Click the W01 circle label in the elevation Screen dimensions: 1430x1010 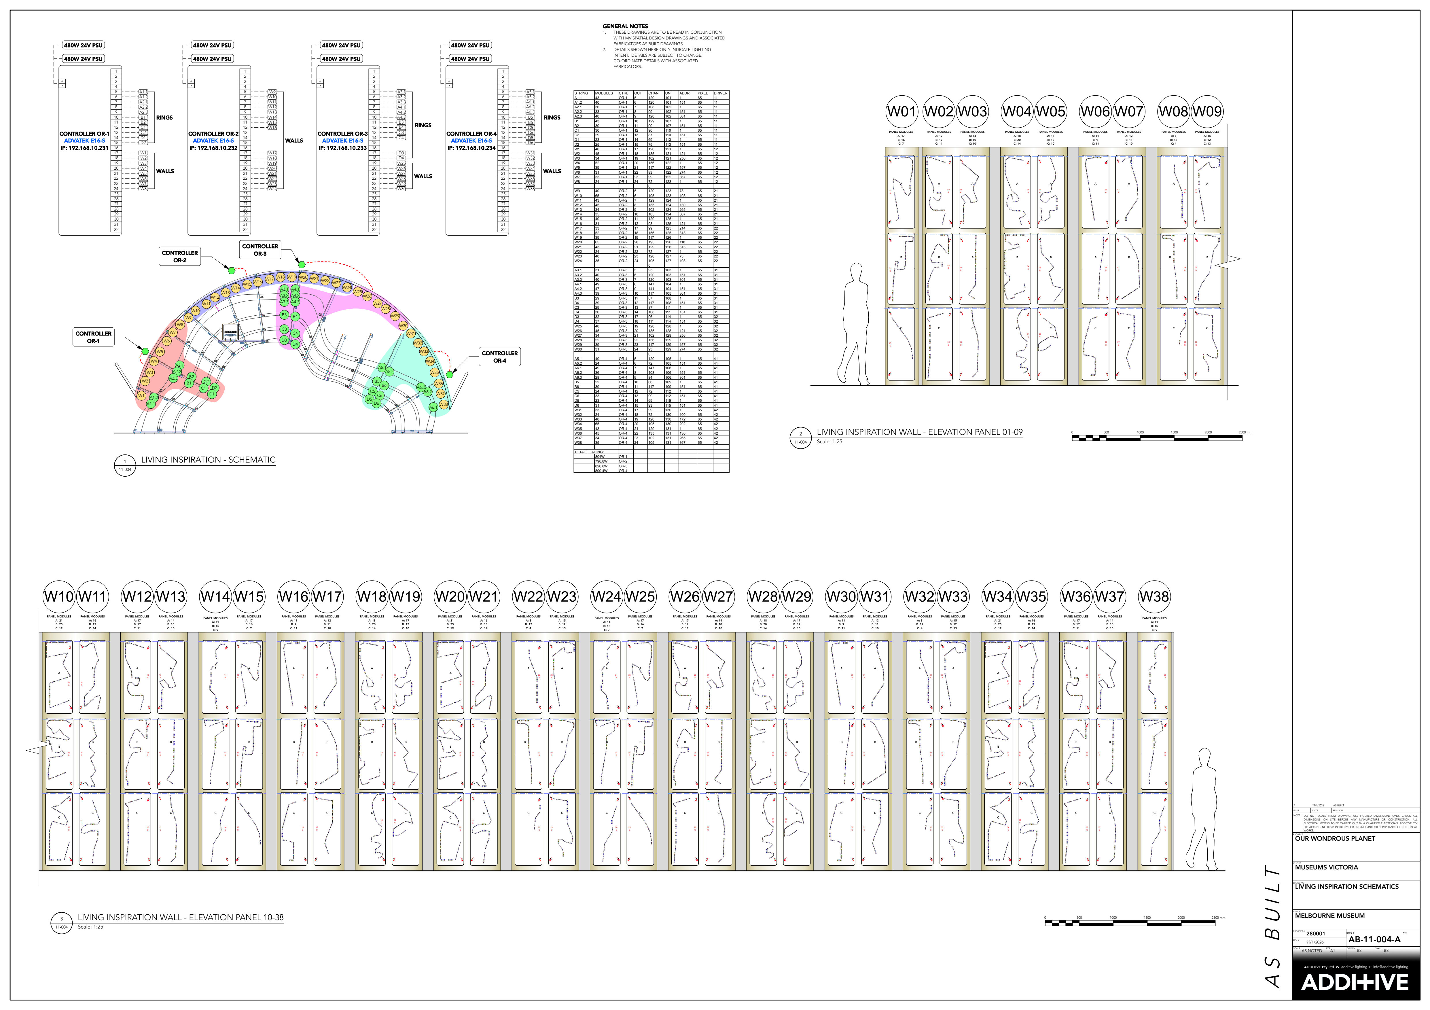point(901,112)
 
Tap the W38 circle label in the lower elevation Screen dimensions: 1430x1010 point(1154,596)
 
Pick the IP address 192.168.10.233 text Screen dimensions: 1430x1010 point(342,148)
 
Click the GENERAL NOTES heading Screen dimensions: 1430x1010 point(625,26)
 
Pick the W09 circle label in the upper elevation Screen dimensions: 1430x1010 point(1207,112)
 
